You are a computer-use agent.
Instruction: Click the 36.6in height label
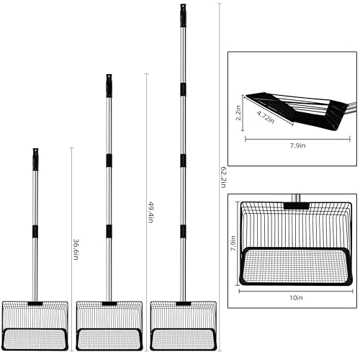[76, 250]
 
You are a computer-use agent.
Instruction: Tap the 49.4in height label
[150, 212]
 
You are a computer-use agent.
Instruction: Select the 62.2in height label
[223, 177]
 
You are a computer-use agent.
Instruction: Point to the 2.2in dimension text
[238, 113]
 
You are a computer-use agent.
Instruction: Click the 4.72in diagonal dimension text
[266, 117]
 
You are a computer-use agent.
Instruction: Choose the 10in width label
[296, 297]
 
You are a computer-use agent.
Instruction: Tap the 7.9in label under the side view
[297, 145]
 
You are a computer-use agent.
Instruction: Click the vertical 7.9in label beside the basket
[233, 243]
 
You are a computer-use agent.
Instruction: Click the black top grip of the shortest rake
[35, 159]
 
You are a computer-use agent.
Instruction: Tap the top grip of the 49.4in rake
[109, 86]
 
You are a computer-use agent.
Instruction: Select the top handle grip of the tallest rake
[183, 15]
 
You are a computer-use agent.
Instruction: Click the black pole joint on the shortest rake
[35, 231]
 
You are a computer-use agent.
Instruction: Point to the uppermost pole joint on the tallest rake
[183, 89]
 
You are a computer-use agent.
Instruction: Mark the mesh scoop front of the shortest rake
[35, 339]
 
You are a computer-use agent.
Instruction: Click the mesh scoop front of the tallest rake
[184, 339]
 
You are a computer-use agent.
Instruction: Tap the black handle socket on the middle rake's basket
[109, 304]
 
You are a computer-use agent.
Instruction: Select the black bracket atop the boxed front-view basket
[296, 206]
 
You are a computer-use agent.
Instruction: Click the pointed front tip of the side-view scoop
[246, 96]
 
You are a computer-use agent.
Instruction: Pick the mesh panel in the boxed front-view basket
[296, 266]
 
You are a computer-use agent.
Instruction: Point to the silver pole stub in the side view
[351, 107]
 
